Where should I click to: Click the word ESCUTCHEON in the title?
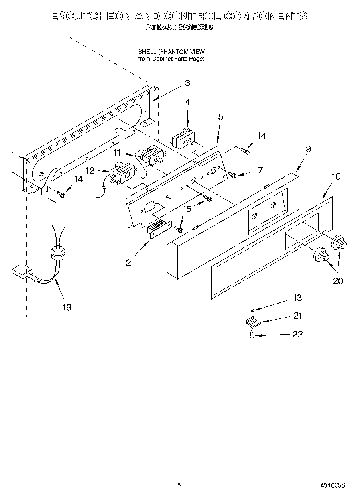[x=91, y=16]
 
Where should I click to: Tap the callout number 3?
[x=187, y=83]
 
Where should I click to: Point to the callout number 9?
[x=308, y=149]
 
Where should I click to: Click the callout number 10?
[x=336, y=176]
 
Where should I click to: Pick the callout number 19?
[x=67, y=307]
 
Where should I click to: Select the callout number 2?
[x=128, y=263]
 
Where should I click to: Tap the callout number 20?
[x=338, y=281]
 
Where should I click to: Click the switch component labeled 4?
[x=183, y=138]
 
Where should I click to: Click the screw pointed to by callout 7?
[x=232, y=175]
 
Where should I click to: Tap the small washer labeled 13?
[x=252, y=310]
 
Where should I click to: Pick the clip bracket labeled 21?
[x=252, y=321]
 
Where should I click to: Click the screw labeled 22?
[x=251, y=334]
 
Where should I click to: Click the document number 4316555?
[x=332, y=485]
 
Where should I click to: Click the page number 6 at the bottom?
[x=179, y=485]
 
